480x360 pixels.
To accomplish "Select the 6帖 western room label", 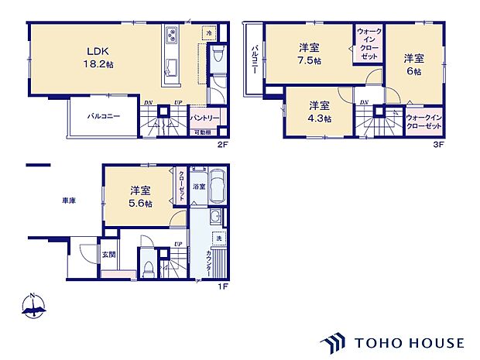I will (412, 64).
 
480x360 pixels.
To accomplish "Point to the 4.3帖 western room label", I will (319, 111).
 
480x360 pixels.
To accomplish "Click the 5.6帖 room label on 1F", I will (140, 197).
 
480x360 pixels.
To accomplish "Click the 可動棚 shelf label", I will (202, 132).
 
